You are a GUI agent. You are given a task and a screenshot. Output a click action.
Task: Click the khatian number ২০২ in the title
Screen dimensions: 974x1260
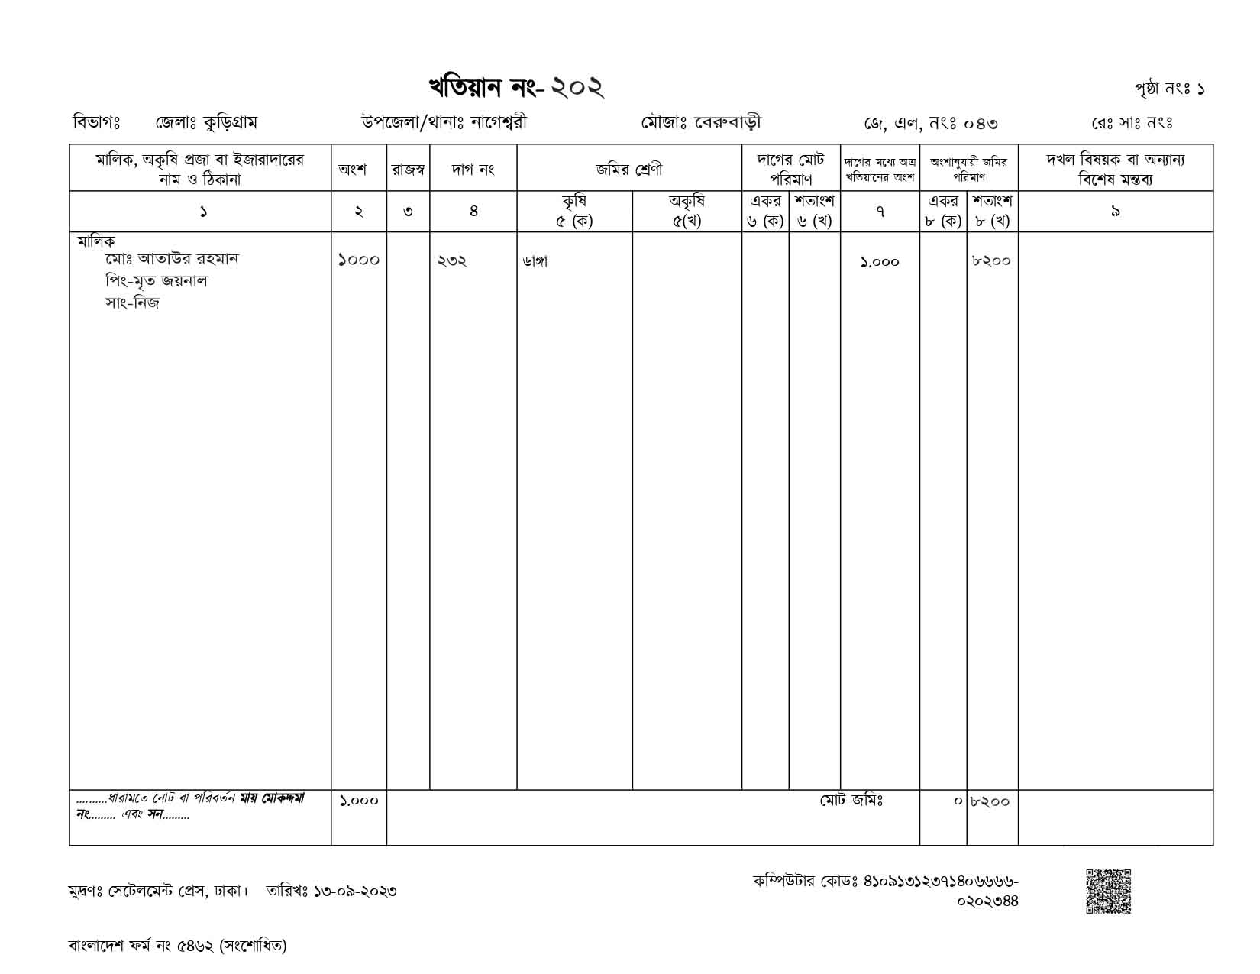pos(577,87)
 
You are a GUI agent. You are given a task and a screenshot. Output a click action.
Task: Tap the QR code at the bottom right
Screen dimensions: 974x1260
pos(1108,891)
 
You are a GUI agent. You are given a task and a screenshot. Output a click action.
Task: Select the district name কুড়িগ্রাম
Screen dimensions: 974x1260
pos(226,122)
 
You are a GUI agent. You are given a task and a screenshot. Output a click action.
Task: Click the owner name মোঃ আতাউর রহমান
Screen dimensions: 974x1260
pos(172,259)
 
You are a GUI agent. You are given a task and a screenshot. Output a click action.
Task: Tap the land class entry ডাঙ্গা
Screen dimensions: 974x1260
pos(535,261)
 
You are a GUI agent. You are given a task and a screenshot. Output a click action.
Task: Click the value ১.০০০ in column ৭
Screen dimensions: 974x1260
pos(880,262)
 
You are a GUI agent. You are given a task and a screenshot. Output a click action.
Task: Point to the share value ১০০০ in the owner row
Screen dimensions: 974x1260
pos(358,260)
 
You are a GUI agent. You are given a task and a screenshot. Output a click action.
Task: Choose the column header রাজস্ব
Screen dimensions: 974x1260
pos(408,170)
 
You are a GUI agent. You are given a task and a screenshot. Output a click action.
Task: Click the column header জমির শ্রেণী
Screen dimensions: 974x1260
pos(628,170)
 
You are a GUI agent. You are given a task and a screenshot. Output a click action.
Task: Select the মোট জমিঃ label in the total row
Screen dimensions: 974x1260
pos(851,801)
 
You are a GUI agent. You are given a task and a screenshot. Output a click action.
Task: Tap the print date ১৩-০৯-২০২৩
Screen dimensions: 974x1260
pos(354,891)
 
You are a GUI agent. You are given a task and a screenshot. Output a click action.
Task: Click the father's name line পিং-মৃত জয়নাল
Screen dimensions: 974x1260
pos(157,281)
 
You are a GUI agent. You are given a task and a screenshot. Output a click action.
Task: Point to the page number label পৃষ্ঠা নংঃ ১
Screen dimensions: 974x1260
pos(1169,89)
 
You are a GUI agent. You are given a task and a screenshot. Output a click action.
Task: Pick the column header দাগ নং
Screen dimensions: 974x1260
pos(473,170)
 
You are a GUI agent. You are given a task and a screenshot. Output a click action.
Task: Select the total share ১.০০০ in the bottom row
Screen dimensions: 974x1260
pos(358,801)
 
